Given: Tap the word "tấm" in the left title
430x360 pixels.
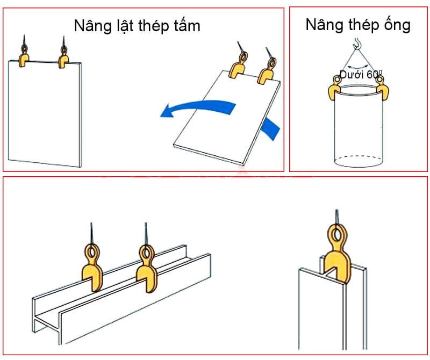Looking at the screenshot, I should (x=187, y=25).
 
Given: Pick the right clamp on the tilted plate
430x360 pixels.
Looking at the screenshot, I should (x=265, y=72).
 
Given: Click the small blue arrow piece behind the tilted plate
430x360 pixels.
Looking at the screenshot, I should (x=271, y=129).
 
